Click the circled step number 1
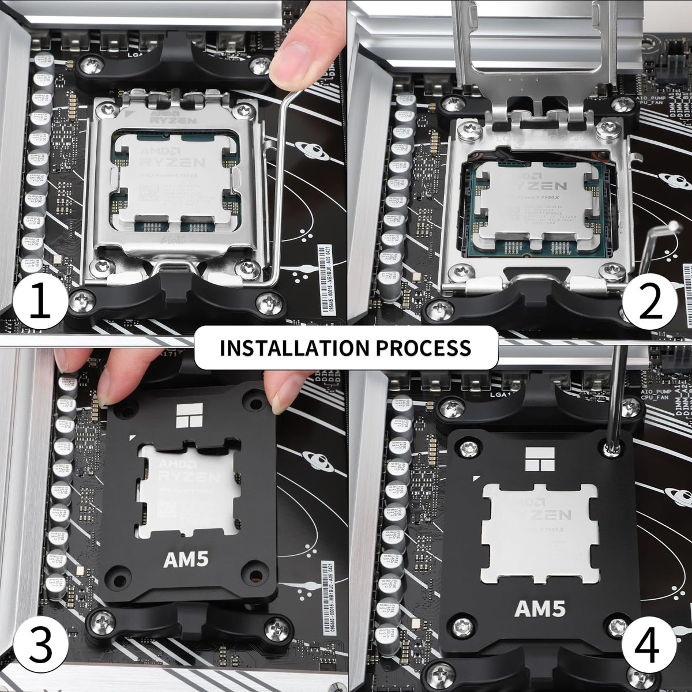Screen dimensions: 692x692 40,300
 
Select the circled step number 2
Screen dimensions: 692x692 650,300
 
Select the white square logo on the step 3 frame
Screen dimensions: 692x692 190,414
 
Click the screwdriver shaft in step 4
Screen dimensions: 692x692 616,392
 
